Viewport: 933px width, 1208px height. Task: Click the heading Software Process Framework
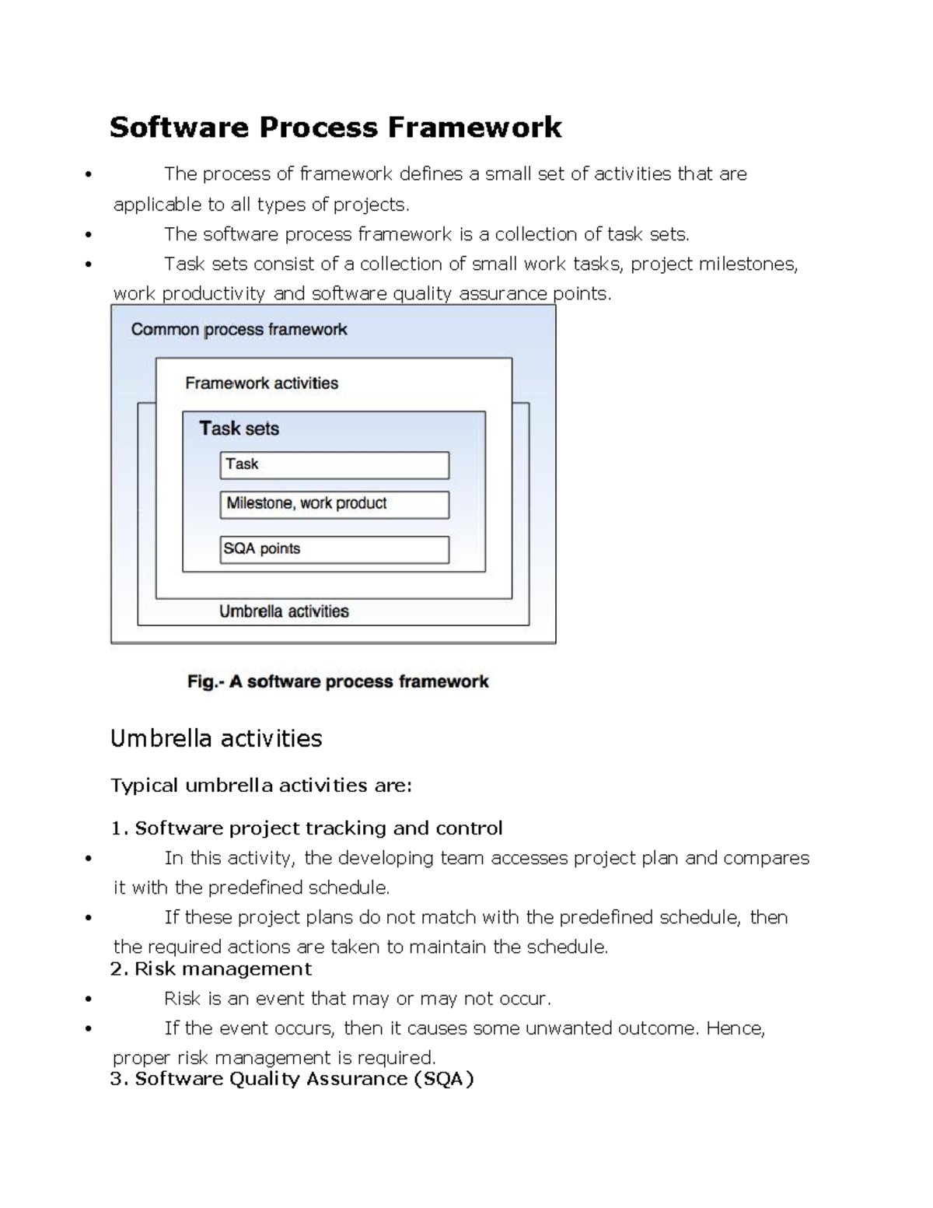335,128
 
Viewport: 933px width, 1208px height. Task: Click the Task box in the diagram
334,465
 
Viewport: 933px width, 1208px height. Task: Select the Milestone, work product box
334,504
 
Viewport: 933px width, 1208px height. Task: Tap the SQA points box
334,549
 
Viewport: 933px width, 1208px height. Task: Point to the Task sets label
239,429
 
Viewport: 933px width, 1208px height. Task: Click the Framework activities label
261,383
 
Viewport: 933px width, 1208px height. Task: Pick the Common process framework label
239,330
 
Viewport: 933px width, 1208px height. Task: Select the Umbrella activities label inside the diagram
284,611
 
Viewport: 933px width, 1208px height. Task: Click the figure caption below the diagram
337,682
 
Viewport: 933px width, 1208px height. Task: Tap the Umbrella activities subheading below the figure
216,738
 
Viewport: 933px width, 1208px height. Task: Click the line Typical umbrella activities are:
261,786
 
